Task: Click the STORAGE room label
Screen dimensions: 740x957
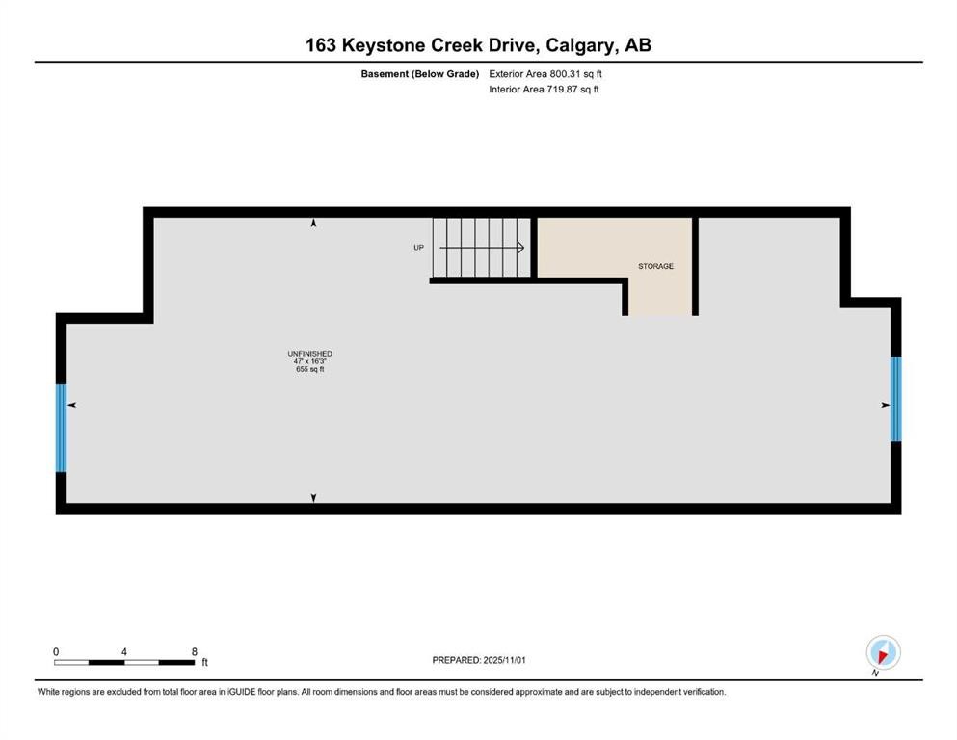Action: pos(655,266)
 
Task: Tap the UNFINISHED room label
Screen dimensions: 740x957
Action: pos(309,354)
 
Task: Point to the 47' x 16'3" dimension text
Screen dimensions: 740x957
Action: pos(309,361)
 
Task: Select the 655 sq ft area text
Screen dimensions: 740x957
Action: pos(309,369)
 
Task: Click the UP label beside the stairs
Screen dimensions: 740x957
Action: pos(418,248)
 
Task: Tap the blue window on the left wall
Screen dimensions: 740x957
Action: pos(62,428)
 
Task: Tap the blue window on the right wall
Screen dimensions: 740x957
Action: pos(895,399)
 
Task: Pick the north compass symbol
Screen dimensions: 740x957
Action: pos(883,652)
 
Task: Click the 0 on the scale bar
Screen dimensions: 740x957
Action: pos(56,651)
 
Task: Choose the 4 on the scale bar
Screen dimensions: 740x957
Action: pos(124,651)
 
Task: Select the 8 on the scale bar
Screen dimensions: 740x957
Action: pos(194,651)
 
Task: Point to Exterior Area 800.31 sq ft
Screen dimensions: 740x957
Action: pos(545,73)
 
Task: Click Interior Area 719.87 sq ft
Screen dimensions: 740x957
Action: pos(544,90)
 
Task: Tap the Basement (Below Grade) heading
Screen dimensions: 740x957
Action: pos(419,73)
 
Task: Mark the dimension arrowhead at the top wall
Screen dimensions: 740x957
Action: pos(313,224)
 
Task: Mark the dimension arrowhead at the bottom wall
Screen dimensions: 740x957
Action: pos(313,498)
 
